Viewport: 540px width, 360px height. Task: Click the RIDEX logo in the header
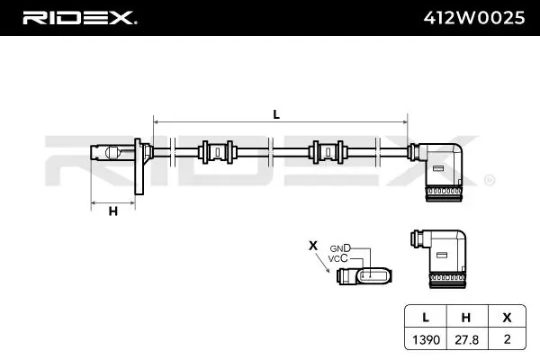tap(80, 18)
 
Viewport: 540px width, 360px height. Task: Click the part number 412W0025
tap(474, 18)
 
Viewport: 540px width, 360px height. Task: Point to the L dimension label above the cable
tap(276, 114)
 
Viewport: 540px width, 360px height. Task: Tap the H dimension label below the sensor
tap(113, 211)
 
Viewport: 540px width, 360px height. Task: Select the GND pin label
tap(340, 248)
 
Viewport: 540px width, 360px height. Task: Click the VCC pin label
tap(337, 258)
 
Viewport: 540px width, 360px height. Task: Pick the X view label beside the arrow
tap(312, 246)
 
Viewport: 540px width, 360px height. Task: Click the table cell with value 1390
tap(426, 340)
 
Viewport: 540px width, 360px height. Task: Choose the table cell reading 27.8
tap(466, 340)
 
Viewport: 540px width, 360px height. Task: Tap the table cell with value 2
tap(507, 339)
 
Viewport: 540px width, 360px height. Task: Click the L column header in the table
tap(426, 318)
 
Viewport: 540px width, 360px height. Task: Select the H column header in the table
tap(466, 318)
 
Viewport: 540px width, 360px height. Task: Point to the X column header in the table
tap(507, 318)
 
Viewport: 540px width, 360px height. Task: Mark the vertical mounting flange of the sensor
tap(139, 166)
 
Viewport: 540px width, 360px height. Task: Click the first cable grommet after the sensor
tap(217, 152)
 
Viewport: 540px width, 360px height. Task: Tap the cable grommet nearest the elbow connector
tap(328, 152)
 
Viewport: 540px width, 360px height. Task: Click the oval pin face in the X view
tap(374, 275)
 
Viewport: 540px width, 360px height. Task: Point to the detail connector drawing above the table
tap(439, 258)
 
